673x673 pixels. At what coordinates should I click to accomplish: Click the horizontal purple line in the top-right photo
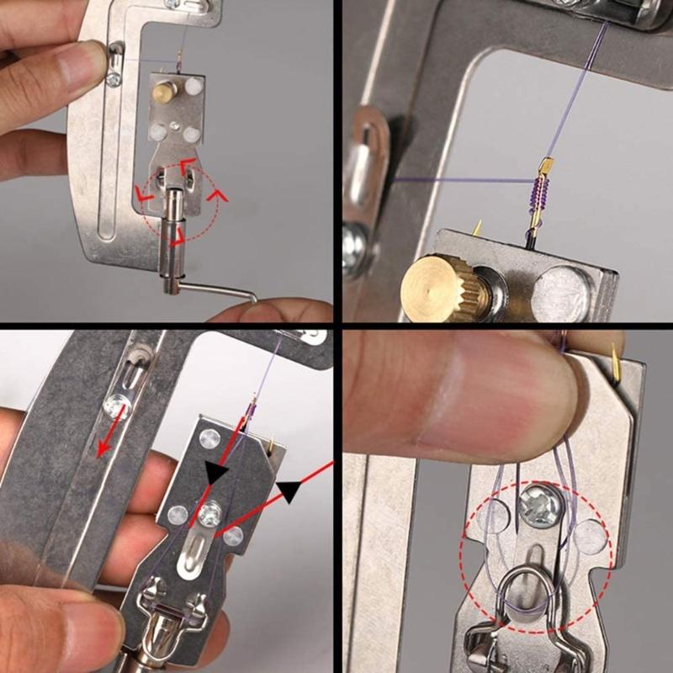coord(454,179)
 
